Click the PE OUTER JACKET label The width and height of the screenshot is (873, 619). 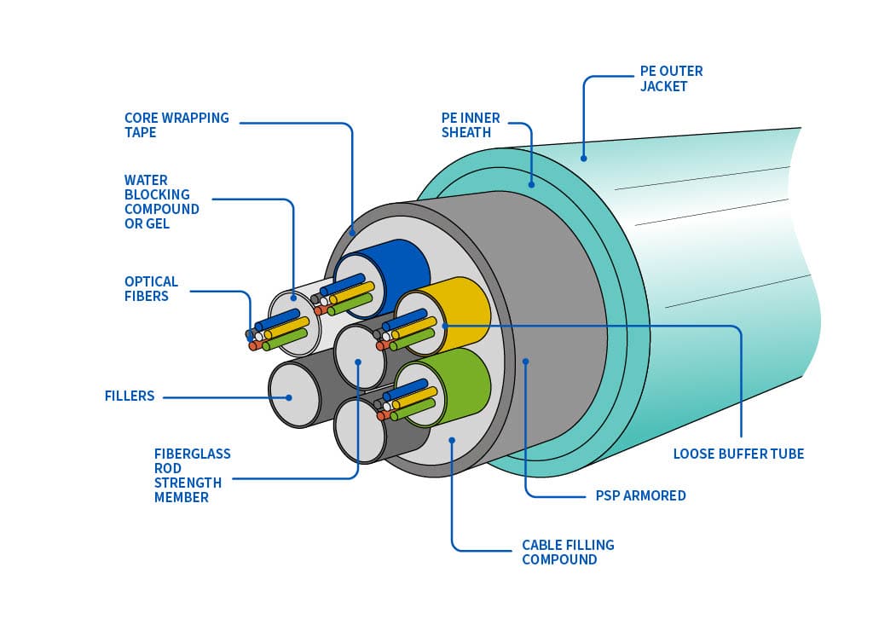[x=671, y=78]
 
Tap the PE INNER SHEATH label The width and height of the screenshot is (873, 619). [x=471, y=125]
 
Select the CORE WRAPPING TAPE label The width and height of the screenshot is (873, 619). [x=176, y=125]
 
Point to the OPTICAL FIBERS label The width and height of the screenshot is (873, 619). [x=151, y=288]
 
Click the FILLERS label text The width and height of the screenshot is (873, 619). [x=129, y=396]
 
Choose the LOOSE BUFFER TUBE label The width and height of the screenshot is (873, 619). [x=738, y=454]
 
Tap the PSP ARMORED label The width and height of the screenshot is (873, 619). [x=640, y=495]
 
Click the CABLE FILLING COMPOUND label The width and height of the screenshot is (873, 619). [x=568, y=552]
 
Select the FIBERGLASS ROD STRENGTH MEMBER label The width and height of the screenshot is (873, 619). [x=192, y=476]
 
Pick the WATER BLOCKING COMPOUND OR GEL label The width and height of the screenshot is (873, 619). [x=161, y=202]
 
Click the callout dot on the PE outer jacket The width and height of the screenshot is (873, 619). [x=584, y=157]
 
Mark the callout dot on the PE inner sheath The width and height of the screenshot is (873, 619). [x=531, y=183]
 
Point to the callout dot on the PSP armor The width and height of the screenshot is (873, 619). [x=526, y=362]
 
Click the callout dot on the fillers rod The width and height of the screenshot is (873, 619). [x=289, y=396]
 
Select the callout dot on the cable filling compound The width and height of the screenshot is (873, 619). [x=452, y=440]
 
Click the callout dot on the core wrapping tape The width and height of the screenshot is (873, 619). [x=353, y=230]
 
